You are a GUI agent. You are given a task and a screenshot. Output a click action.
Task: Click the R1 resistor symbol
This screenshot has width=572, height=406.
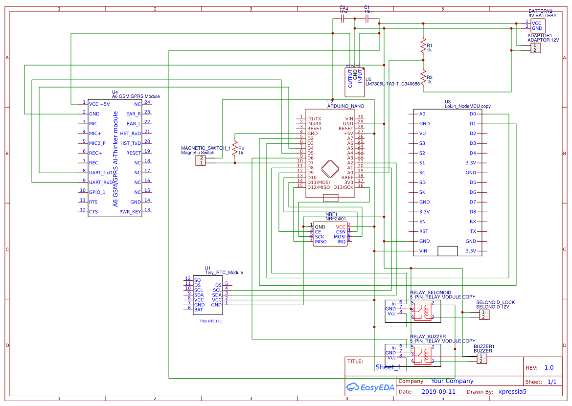pos(423,46)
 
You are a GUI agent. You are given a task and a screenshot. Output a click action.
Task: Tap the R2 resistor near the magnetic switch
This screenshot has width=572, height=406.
pos(235,148)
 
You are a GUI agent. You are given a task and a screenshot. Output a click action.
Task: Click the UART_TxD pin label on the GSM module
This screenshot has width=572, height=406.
pos(100,173)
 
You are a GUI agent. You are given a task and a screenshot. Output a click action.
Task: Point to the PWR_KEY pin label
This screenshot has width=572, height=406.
pos(130,212)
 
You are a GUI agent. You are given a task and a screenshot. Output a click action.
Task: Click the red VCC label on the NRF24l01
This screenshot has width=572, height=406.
pos(341,227)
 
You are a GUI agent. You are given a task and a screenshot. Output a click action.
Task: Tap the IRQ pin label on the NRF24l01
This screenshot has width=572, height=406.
pos(342,242)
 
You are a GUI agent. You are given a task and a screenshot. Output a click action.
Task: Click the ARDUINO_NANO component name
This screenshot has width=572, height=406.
pos(345,106)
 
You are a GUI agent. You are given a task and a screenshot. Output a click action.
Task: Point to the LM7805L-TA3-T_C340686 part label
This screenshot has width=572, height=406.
pos(392,84)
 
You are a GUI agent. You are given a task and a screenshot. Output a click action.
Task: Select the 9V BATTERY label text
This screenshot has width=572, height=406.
pos(542,16)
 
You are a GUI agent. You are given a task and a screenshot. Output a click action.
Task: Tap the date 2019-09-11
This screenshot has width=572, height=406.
pos(438,392)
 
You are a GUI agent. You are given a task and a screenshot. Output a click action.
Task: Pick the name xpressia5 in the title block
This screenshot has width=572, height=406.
pos(512,392)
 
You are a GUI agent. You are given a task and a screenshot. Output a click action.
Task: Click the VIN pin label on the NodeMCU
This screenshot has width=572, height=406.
pos(423,251)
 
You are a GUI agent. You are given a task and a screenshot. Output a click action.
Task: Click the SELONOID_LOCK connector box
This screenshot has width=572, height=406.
pos(483,315)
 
